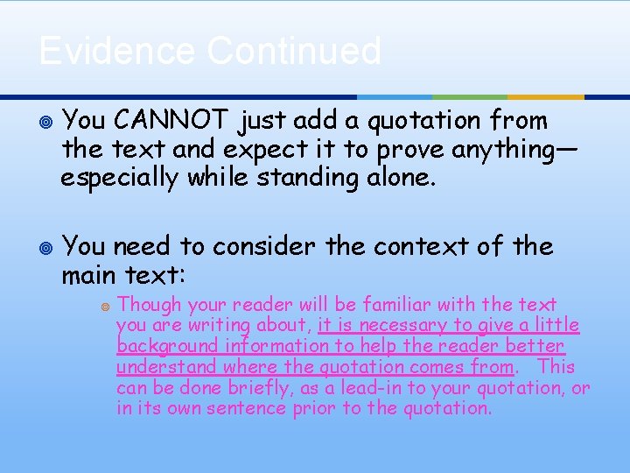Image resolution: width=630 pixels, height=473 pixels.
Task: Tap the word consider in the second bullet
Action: pyautogui.click(x=259, y=247)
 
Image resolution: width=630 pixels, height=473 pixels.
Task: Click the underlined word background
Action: pyautogui.click(x=169, y=346)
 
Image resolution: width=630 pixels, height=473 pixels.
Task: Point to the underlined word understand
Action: pyautogui.click(x=167, y=367)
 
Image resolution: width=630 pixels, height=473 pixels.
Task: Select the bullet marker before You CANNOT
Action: pyautogui.click(x=45, y=121)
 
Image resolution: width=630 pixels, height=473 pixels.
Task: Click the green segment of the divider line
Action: pyautogui.click(x=470, y=96)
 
